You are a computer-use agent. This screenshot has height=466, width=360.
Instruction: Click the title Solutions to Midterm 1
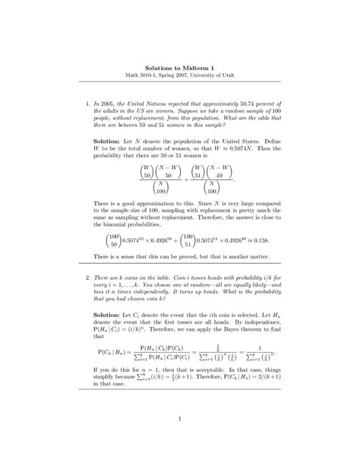(180, 66)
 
